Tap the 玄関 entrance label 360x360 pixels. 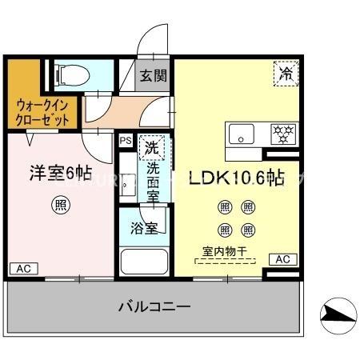tap(154, 77)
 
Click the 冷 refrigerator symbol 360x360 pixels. tap(286, 74)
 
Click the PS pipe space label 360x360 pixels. tap(125, 140)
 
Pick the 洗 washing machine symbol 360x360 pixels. tap(150, 146)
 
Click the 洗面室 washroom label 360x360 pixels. tap(153, 181)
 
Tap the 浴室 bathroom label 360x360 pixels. tap(143, 226)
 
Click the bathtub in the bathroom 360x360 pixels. tap(143, 262)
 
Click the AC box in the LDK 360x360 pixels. tap(282, 259)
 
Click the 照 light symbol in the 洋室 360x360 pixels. tap(60, 203)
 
